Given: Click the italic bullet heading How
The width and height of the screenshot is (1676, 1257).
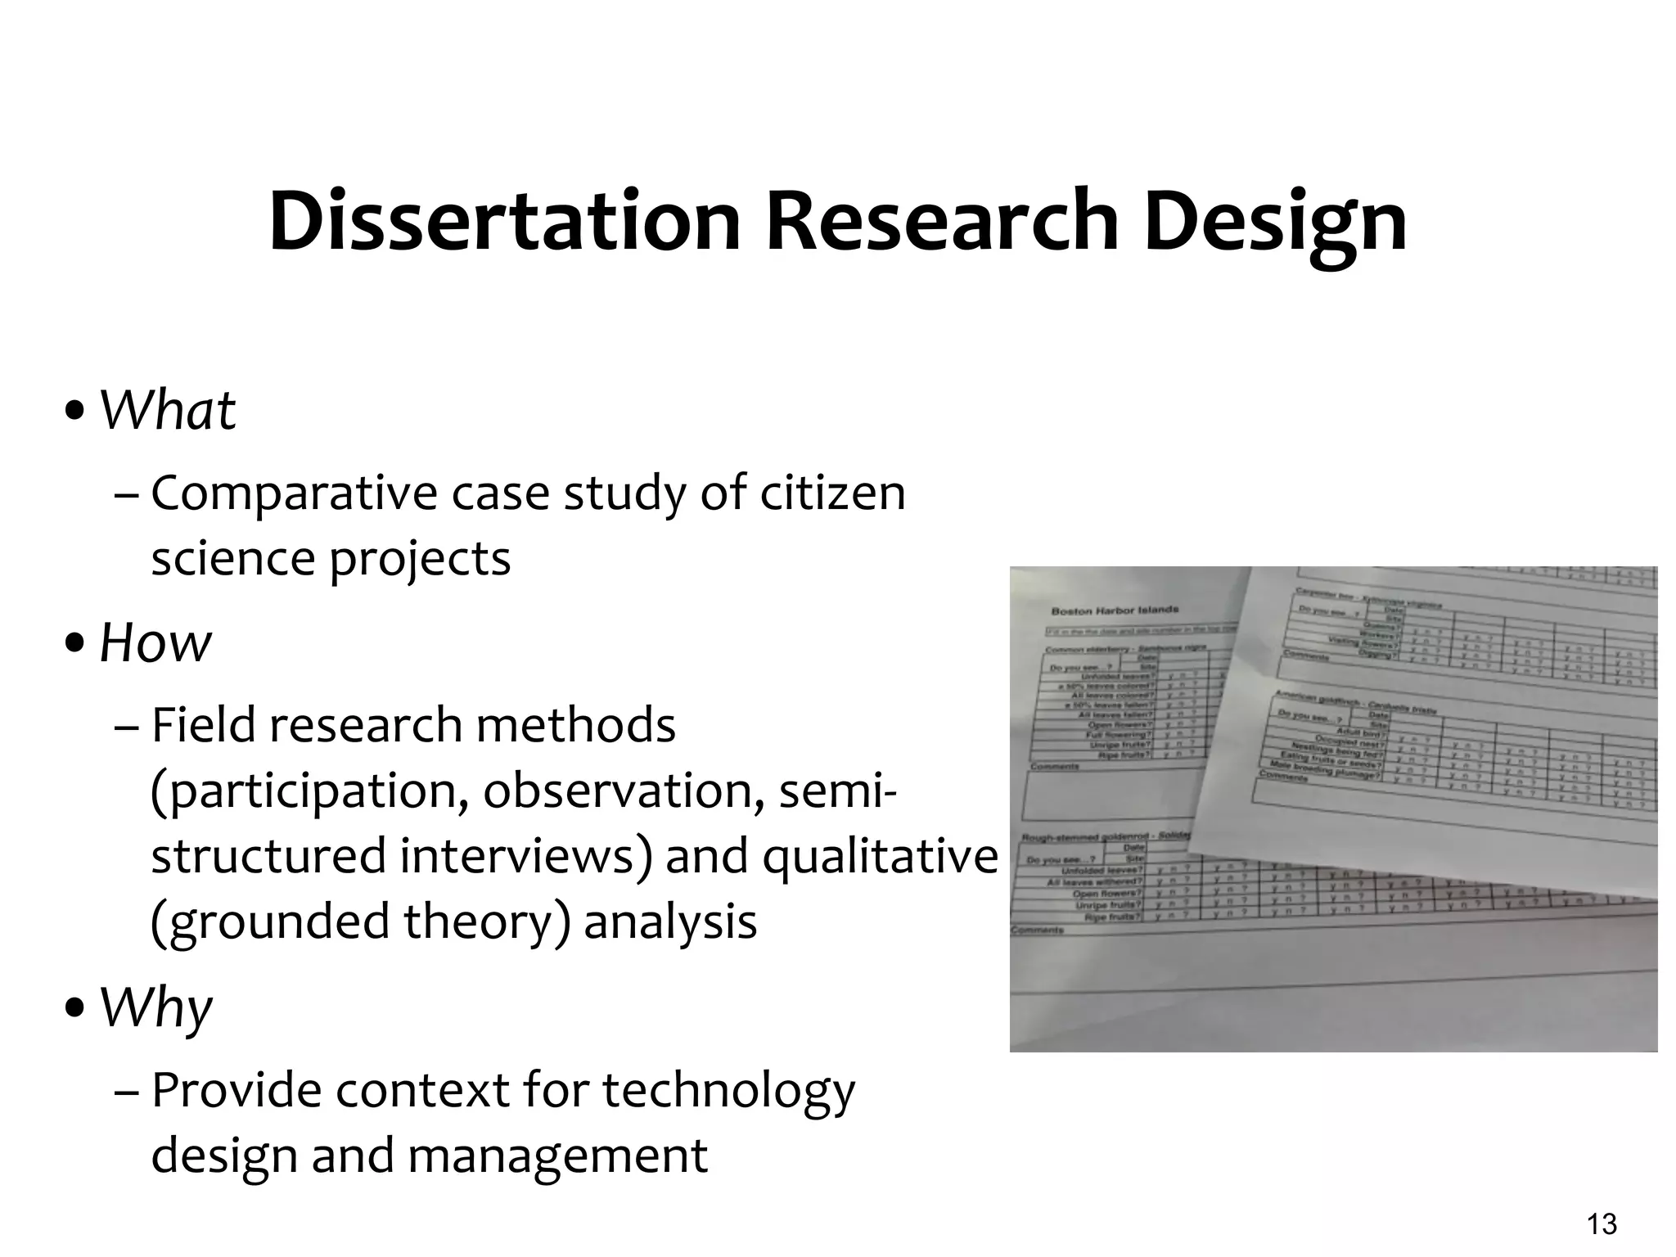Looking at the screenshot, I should (155, 642).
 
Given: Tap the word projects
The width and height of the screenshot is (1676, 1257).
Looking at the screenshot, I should (420, 560).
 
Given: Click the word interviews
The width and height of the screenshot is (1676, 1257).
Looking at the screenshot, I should (527, 856).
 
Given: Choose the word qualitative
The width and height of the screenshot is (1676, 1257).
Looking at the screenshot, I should (881, 856).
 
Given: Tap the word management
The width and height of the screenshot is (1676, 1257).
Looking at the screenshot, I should (556, 1156).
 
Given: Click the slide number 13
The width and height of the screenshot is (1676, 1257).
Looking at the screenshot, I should (1602, 1224).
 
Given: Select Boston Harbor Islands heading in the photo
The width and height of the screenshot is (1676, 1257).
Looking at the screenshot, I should (1114, 610).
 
